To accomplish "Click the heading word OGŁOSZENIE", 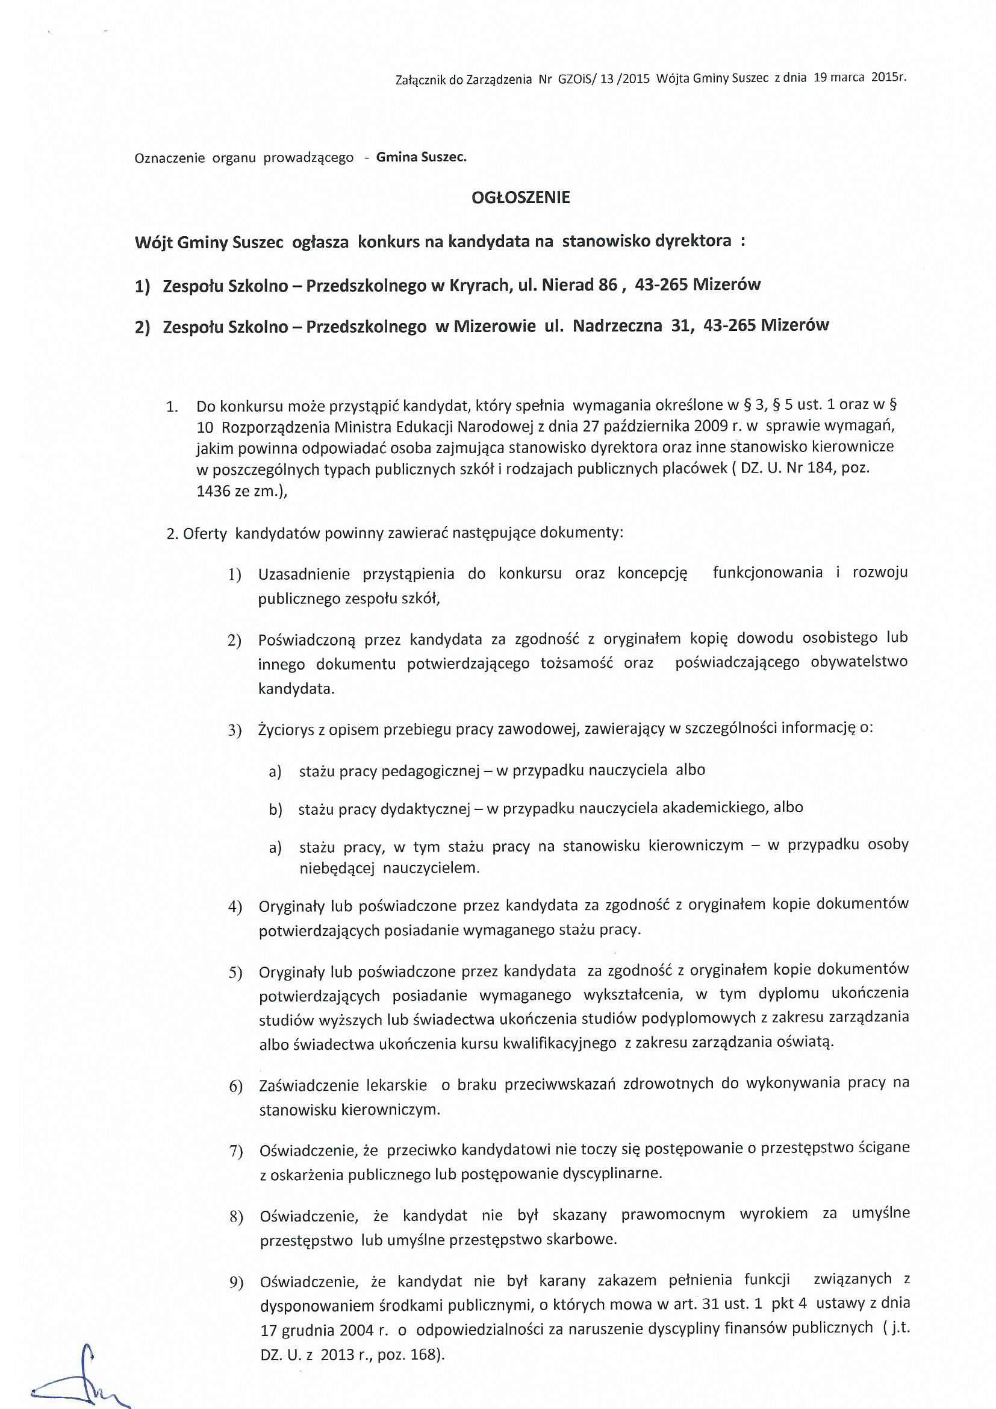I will pyautogui.click(x=521, y=197).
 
